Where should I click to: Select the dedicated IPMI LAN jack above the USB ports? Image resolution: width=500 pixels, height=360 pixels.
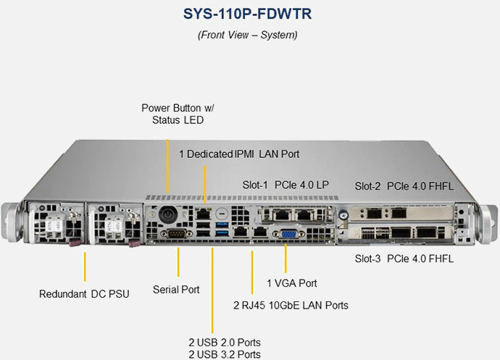(204, 214)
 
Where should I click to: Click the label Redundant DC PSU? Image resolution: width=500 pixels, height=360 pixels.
(84, 294)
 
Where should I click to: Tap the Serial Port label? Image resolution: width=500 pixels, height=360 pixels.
(176, 290)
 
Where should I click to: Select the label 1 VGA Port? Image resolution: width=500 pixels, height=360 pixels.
(292, 282)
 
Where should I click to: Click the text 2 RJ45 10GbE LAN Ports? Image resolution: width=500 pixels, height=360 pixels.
(291, 305)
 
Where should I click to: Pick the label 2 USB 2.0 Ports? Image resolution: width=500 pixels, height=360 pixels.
(224, 342)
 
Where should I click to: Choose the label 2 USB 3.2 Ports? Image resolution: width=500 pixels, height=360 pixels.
(224, 354)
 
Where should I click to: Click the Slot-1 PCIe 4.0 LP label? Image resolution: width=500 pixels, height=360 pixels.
(286, 185)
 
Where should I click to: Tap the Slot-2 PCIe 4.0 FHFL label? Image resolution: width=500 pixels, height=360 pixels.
(404, 186)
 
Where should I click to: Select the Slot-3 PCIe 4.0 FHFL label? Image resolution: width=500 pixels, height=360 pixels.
(404, 259)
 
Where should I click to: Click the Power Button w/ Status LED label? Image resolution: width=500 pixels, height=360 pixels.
(178, 114)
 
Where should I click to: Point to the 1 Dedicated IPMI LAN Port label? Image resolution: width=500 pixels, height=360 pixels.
(239, 154)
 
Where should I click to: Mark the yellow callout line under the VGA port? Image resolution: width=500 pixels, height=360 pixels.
(286, 258)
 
